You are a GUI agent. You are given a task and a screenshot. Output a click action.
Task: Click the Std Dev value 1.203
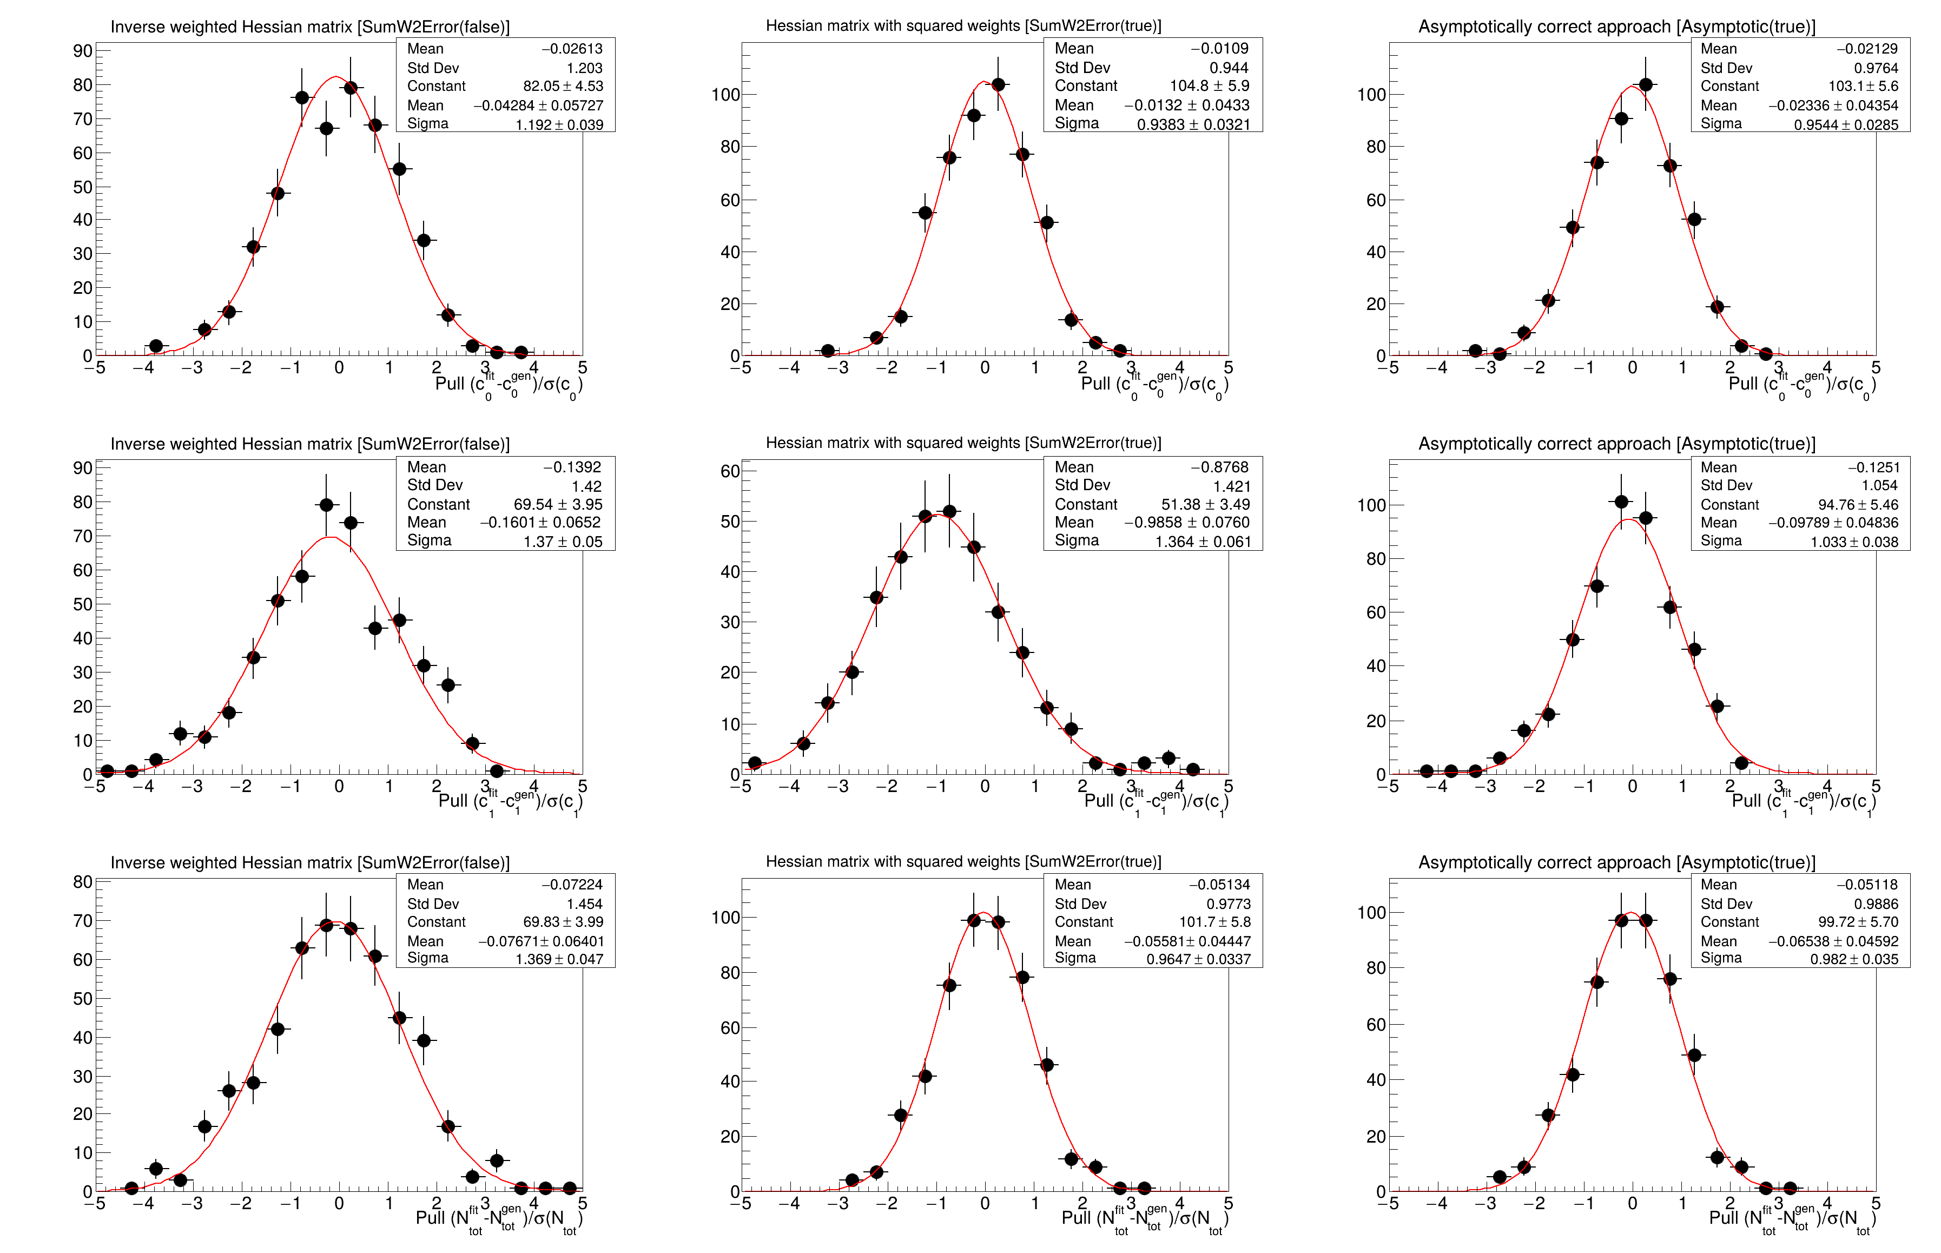(x=584, y=68)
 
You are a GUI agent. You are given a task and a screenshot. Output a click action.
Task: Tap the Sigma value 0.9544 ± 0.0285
(x=1846, y=124)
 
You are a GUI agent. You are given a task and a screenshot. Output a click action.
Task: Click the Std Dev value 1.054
(x=1879, y=486)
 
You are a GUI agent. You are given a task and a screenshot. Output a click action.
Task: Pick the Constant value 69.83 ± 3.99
(x=563, y=922)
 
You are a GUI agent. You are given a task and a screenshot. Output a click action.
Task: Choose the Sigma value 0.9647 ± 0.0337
(x=1198, y=959)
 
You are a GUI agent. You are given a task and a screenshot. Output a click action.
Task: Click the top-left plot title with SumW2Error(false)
(x=310, y=27)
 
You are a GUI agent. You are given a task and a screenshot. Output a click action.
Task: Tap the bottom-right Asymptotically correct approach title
(x=1616, y=862)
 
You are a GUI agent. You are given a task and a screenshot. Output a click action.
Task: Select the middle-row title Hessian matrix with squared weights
(x=963, y=443)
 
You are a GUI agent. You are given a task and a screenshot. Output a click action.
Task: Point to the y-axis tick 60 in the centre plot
(x=730, y=471)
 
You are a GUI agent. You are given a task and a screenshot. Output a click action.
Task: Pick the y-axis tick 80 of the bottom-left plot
(x=82, y=882)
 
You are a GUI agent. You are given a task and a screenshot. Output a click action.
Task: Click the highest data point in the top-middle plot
(x=998, y=84)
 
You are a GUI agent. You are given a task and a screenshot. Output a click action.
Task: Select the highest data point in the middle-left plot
(x=326, y=505)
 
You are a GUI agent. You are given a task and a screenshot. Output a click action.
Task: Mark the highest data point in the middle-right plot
(x=1621, y=502)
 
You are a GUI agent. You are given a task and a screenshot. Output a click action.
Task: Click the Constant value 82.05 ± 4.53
(x=563, y=86)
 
